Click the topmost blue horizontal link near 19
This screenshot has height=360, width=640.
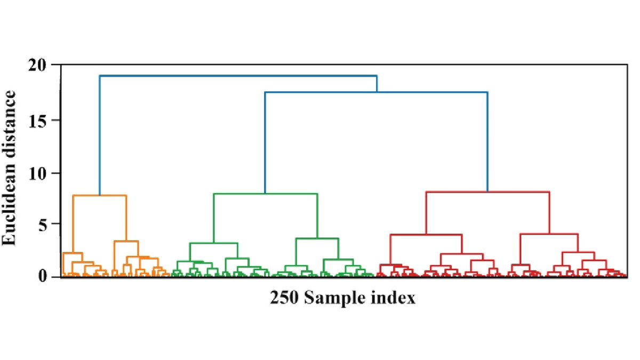coord(238,76)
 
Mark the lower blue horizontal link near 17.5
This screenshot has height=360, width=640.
coord(376,92)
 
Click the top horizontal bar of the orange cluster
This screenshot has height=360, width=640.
coord(99,196)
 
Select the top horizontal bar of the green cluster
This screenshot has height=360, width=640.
coord(265,194)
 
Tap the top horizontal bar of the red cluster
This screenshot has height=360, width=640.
coord(487,192)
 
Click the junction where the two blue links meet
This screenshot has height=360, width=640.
coord(377,92)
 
